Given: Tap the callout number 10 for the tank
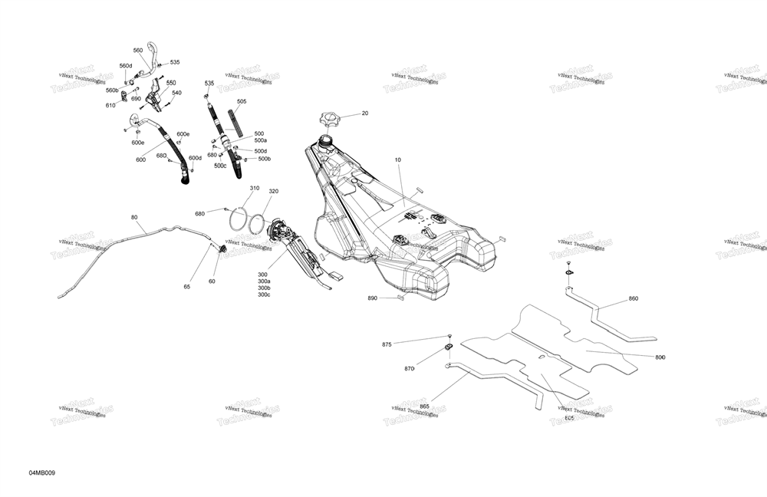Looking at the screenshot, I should [398, 160].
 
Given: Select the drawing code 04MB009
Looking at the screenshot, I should [42, 472].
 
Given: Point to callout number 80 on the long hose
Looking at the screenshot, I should [134, 217].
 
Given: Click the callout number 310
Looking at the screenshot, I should [255, 188].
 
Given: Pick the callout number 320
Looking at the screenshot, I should [273, 191].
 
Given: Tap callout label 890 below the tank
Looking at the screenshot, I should [372, 298].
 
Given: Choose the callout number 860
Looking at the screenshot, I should [633, 298].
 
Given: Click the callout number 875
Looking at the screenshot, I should [387, 344].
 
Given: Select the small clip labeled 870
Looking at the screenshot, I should [449, 351].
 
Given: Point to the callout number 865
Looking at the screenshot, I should [424, 406].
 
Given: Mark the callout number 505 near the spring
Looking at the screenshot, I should [242, 101].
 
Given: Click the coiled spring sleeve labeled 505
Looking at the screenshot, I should [235, 122].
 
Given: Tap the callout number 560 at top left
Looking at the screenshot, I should [138, 51].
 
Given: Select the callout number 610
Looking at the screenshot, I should [110, 106].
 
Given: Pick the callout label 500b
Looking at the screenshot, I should [264, 159].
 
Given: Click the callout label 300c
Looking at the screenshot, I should [264, 295].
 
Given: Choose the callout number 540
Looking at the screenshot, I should [176, 93].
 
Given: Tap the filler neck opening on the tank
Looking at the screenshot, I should [324, 140].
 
